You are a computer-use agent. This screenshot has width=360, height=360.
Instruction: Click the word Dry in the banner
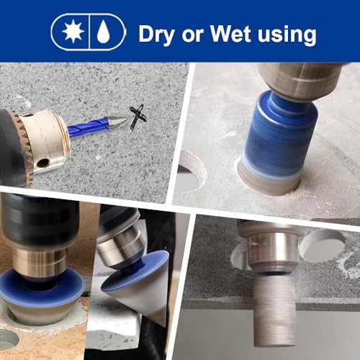pyautogui.click(x=157, y=35)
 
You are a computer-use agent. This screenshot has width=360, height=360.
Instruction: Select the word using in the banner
pyautogui.click(x=287, y=36)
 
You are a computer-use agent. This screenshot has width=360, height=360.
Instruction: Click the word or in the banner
pyautogui.click(x=192, y=36)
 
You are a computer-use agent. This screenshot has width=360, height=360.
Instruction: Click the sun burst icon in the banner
pyautogui.click(x=73, y=32)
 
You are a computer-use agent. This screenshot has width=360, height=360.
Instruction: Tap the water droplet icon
pyautogui.click(x=104, y=32)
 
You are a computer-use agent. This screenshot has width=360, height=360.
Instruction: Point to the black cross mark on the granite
pyautogui.click(x=138, y=117)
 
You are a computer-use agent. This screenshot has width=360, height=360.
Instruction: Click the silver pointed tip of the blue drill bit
pyautogui.click(x=117, y=121)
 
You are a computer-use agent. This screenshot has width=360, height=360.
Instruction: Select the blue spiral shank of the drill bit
pyautogui.click(x=88, y=127)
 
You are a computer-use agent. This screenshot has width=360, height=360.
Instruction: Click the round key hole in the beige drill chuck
pyautogui.click(x=43, y=163)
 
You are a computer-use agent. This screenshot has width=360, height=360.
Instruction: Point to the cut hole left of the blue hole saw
pyautogui.click(x=192, y=171)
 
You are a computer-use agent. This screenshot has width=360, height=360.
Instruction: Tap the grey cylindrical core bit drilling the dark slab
pyautogui.click(x=275, y=310)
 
